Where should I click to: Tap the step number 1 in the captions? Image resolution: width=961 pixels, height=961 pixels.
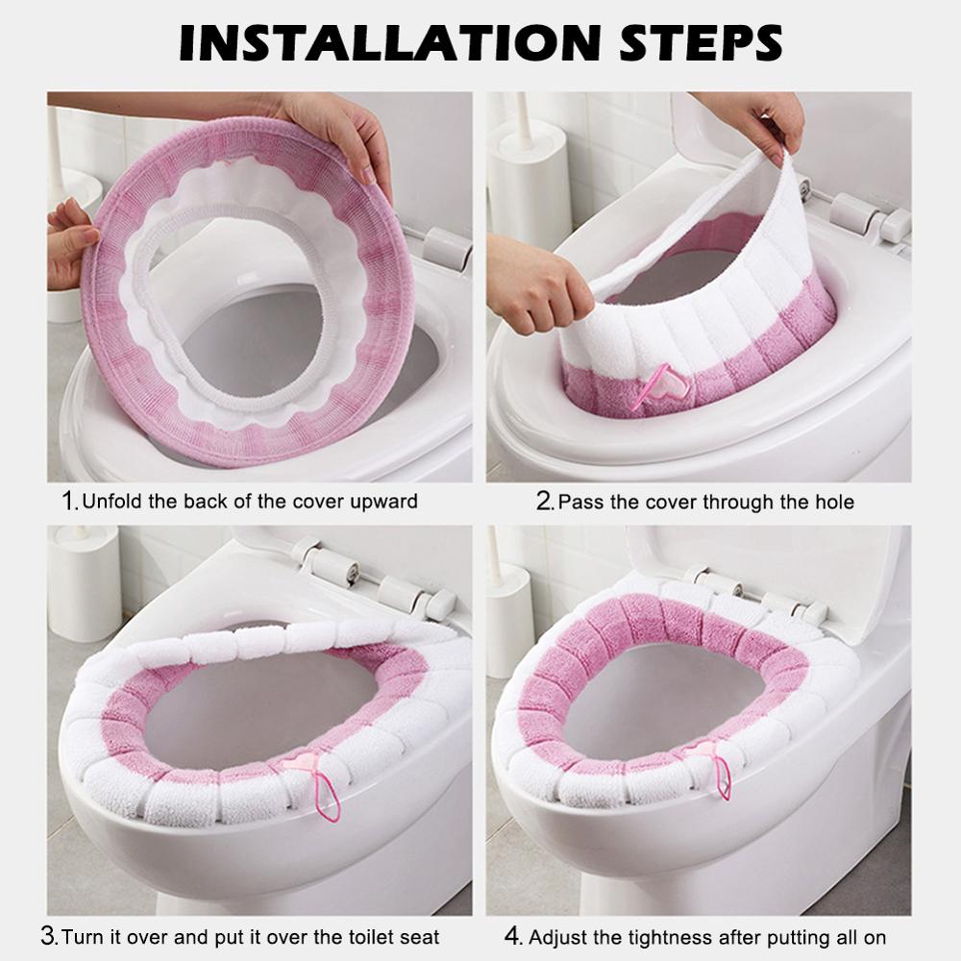point(69,500)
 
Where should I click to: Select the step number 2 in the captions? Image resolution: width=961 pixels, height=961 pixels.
point(545,500)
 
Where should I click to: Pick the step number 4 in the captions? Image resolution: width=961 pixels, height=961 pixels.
point(512,935)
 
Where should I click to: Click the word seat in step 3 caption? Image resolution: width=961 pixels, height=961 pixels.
point(419,936)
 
